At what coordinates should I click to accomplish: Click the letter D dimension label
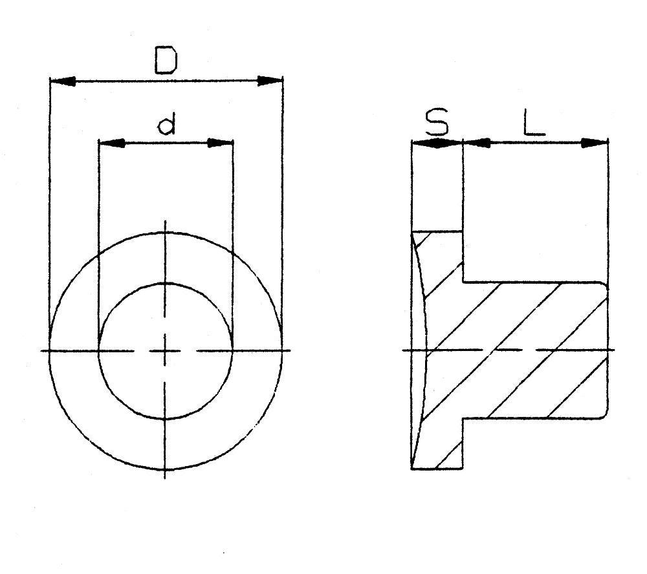point(166,60)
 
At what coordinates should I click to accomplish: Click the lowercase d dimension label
point(166,125)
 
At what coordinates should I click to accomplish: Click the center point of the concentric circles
point(166,351)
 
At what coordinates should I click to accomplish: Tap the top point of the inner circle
point(166,283)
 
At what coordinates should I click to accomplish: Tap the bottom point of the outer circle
point(166,468)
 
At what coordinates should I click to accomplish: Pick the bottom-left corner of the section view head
point(412,468)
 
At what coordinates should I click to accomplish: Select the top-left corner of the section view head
point(412,231)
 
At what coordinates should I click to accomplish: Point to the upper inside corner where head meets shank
point(463,282)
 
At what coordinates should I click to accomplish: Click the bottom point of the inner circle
point(166,419)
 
